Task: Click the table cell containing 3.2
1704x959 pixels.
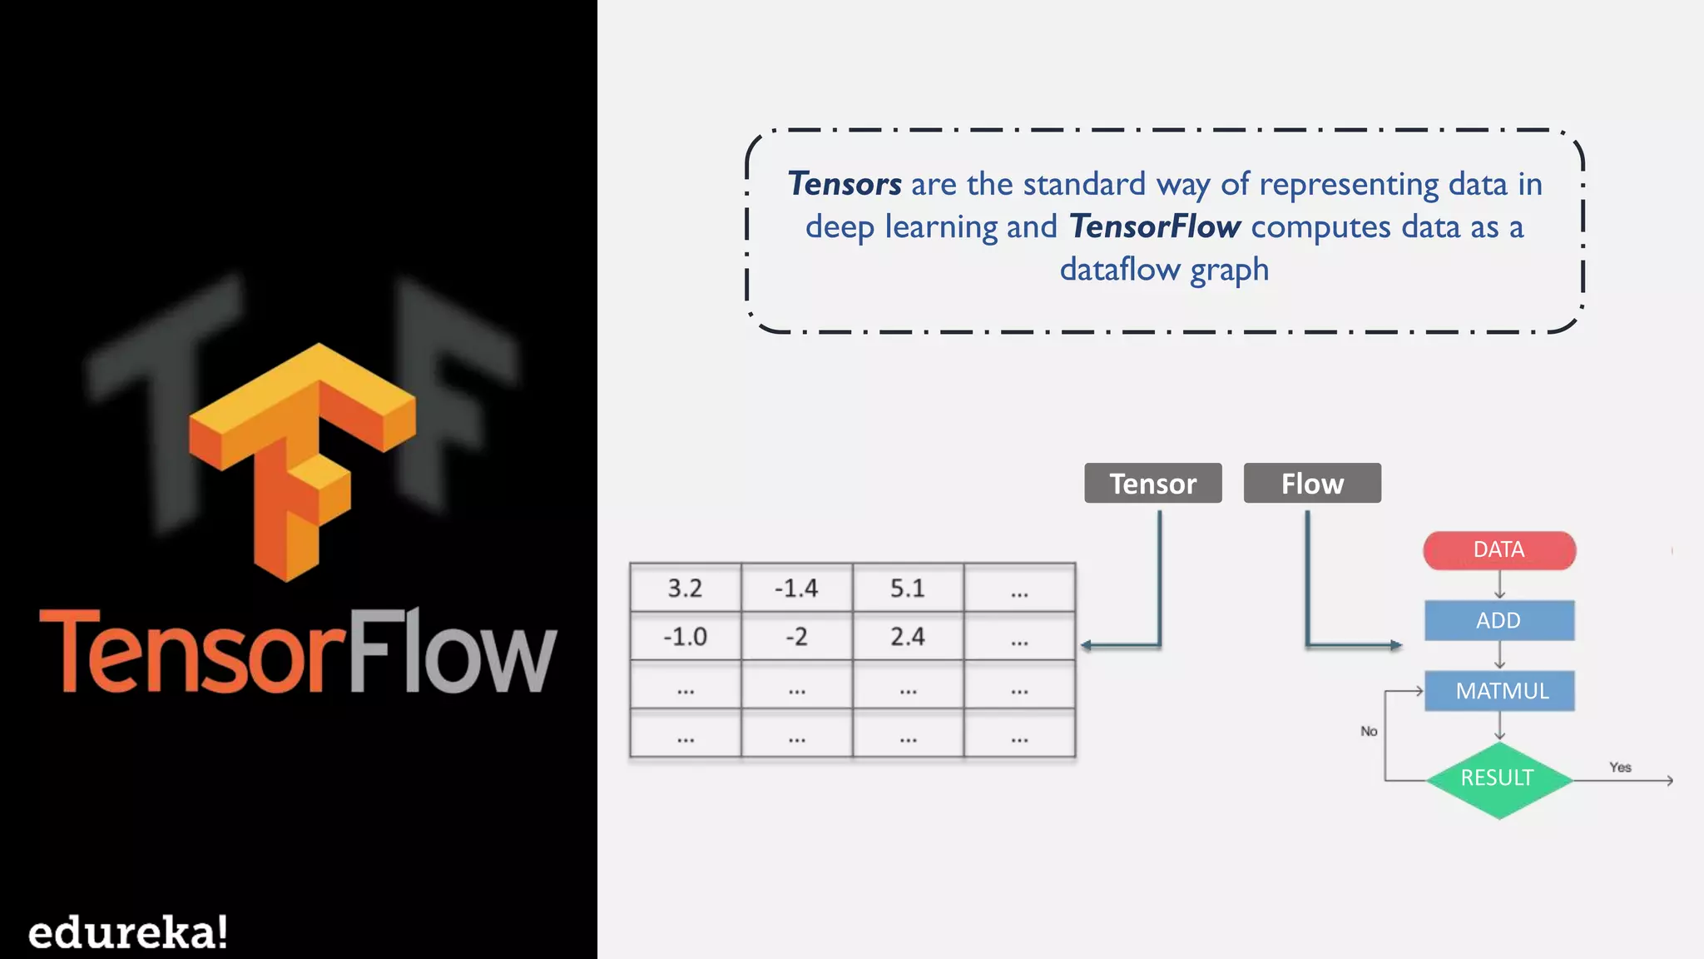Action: point(685,589)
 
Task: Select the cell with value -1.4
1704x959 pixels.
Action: point(796,589)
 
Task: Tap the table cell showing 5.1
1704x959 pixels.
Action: point(908,589)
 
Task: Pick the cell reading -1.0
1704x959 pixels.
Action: point(685,637)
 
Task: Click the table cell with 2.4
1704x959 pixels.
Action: point(908,637)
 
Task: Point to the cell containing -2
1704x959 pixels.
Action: point(796,637)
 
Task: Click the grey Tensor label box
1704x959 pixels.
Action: point(1152,484)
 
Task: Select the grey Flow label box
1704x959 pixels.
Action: point(1312,484)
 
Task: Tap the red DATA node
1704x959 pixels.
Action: point(1499,550)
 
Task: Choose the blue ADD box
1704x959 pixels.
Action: point(1499,620)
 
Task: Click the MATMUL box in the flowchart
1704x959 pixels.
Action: point(1499,691)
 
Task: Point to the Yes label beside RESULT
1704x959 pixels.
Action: point(1620,767)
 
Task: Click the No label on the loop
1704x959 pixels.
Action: point(1369,731)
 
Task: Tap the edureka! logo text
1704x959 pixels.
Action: point(127,932)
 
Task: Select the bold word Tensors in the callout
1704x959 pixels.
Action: point(844,184)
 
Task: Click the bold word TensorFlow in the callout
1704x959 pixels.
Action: point(1155,226)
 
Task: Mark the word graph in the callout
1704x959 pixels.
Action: point(1229,271)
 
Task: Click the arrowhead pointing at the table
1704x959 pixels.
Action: point(1087,645)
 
